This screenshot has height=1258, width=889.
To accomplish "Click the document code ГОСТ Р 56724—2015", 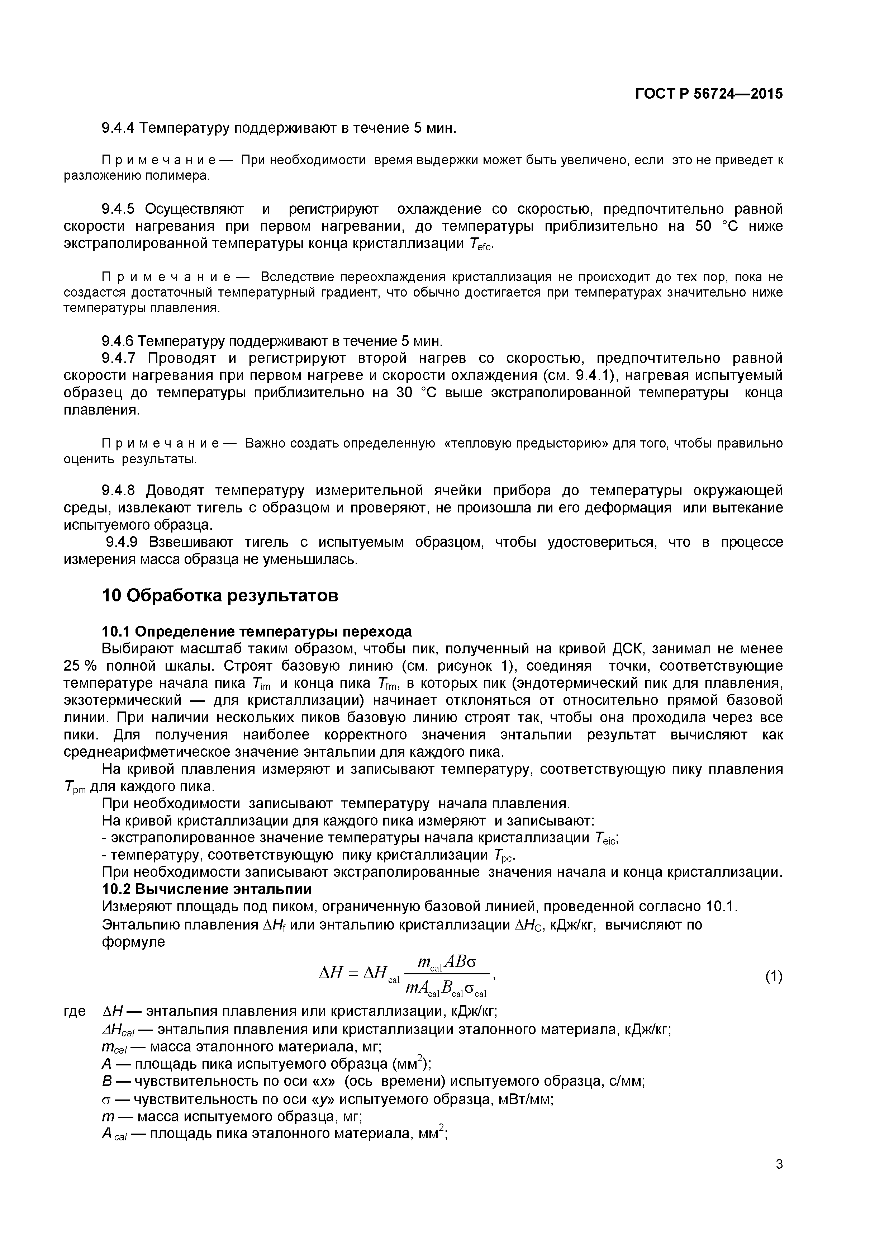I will (x=709, y=94).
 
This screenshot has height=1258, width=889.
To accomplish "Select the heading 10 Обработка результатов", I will (x=220, y=596).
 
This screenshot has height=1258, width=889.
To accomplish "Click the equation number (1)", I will (x=774, y=976).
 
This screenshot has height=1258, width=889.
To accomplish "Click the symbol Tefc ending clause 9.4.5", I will (x=481, y=244).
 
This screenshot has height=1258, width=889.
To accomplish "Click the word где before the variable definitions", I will (x=75, y=1011).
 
